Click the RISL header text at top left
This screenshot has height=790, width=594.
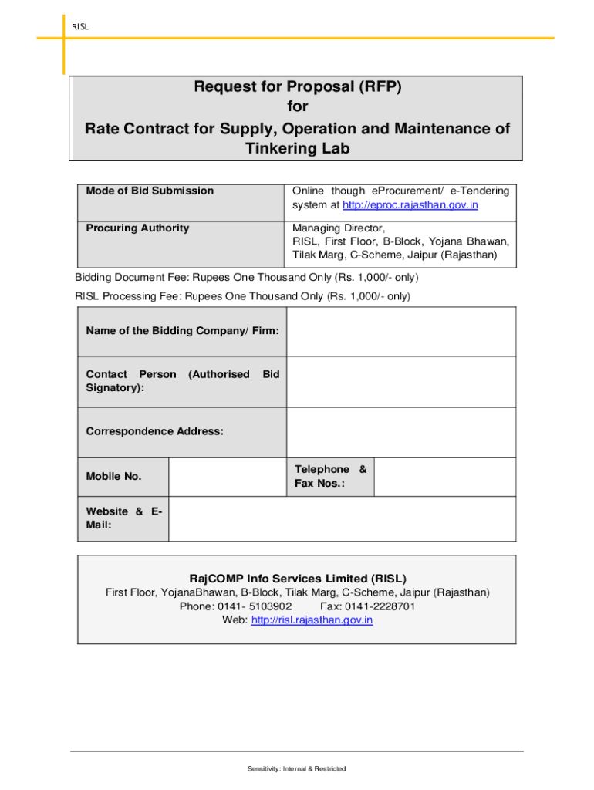tap(80, 26)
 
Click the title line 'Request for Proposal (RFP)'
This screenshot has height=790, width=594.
tap(297, 87)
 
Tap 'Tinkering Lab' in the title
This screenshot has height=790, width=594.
tap(297, 149)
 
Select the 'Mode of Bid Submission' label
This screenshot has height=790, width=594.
tap(150, 191)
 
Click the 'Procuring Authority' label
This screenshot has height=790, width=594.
tap(137, 228)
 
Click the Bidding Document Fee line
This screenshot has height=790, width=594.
tap(247, 277)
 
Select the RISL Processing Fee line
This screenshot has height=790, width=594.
tap(242, 296)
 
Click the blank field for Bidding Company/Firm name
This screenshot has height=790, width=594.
tap(400, 331)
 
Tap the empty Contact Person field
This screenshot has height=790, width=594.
tap(400, 381)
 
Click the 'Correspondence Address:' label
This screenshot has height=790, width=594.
tap(155, 431)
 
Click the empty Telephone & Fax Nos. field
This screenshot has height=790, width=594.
tap(444, 477)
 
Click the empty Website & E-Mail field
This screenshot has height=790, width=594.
tap(342, 518)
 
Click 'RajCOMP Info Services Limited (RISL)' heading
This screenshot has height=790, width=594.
tap(298, 578)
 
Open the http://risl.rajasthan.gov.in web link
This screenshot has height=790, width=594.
tap(312, 620)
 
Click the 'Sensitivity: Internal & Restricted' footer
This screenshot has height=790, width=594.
tap(297, 768)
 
